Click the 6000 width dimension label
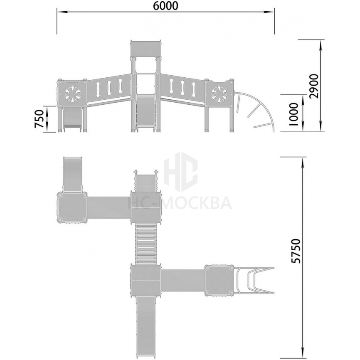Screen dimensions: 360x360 [x=165, y=6]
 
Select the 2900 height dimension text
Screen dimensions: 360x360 [x=314, y=86]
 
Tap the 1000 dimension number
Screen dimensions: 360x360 [x=293, y=114]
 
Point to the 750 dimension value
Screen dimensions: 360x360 [x=39, y=119]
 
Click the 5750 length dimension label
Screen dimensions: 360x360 [x=295, y=251]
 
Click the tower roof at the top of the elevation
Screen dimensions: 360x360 [x=145, y=48]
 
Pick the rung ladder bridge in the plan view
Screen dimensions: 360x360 [x=145, y=244]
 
